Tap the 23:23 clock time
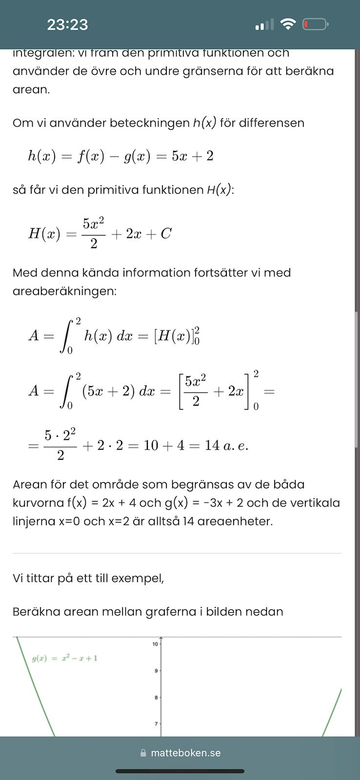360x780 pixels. pyautogui.click(x=67, y=24)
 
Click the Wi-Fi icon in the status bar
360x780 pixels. pyautogui.click(x=288, y=24)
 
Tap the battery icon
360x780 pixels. pyautogui.click(x=315, y=24)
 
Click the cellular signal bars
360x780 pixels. pyautogui.click(x=264, y=24)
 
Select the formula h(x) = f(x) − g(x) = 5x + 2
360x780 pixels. pyautogui.click(x=120, y=156)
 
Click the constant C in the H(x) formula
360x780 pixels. pyautogui.click(x=166, y=234)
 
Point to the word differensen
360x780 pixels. pyautogui.click(x=262, y=123)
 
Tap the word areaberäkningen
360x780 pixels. pyautogui.click(x=64, y=292)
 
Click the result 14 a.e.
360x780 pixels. pyautogui.click(x=226, y=446)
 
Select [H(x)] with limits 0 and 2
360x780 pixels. pyautogui.click(x=177, y=336)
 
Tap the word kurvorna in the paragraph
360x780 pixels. pyautogui.click(x=37, y=503)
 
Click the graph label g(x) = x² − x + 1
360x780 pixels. pyautogui.click(x=64, y=659)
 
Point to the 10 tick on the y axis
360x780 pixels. pyautogui.click(x=155, y=644)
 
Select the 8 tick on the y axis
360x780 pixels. pyautogui.click(x=156, y=698)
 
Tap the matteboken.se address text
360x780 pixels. pyautogui.click(x=185, y=753)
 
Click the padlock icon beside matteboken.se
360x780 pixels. pyautogui.click(x=143, y=753)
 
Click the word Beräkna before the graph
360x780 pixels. pyautogui.click(x=35, y=611)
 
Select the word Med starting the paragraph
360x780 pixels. pyautogui.click(x=24, y=273)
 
